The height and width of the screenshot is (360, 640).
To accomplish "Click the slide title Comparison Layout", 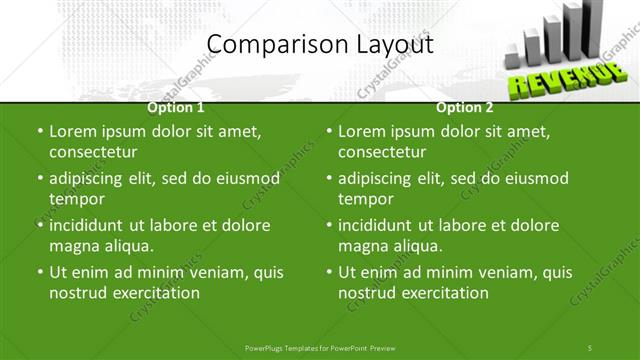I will pos(319,44).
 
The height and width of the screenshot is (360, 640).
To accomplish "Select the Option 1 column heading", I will pos(176,107).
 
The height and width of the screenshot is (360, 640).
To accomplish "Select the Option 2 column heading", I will pos(465,107).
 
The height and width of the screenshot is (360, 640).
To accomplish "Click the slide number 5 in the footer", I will pos(590,347).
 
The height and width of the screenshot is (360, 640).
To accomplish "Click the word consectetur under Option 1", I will pos(93,152).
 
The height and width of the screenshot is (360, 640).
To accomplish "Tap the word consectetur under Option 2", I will pos(382,152).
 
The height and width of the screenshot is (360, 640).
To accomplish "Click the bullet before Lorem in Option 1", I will pos(39,131).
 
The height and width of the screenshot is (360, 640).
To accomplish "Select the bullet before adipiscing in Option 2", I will pos(328,178).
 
